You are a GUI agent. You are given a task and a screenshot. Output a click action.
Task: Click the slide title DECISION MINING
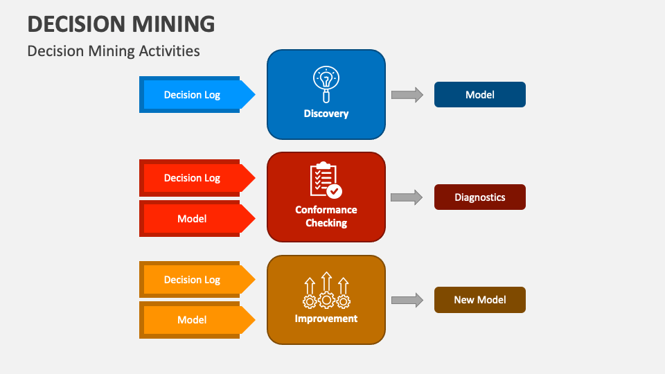121,24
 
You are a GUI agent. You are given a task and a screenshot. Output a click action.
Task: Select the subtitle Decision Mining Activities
114,51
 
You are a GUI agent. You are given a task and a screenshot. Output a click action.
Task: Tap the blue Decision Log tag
192,95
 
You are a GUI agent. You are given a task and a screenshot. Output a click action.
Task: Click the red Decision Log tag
192,178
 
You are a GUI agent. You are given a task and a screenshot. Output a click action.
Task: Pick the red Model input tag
192,219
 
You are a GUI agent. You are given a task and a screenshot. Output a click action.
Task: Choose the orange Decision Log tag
192,280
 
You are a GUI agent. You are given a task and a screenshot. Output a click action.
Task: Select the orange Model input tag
192,320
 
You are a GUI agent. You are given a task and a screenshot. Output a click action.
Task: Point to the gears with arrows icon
326,291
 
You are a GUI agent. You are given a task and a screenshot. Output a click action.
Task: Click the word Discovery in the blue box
326,114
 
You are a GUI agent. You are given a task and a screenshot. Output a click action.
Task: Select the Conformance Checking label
326,216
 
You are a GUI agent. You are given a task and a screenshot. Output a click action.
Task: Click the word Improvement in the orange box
326,319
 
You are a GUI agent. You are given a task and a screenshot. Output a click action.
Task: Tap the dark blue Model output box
479,95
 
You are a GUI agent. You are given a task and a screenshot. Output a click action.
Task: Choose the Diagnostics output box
479,197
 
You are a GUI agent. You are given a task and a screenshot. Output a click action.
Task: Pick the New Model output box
479,300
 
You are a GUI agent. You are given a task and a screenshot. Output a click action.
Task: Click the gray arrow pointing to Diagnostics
407,197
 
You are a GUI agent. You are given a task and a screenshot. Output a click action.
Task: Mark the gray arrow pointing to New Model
407,300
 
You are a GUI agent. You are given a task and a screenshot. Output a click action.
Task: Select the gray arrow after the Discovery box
407,95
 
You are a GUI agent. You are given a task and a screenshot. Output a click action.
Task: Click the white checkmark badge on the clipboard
335,190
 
